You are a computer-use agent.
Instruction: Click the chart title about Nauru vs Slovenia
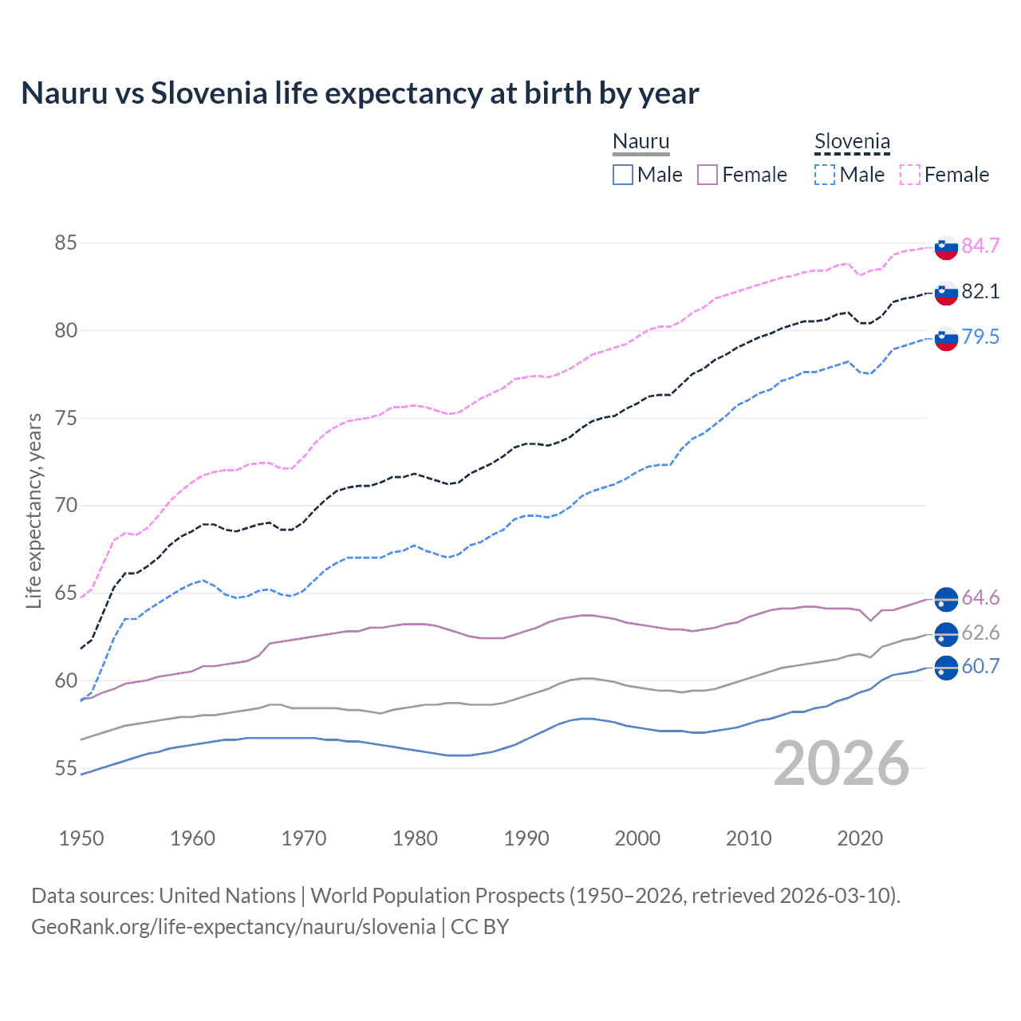click(x=360, y=93)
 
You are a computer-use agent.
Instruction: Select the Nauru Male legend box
click(x=623, y=175)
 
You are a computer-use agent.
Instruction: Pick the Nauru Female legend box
click(x=708, y=175)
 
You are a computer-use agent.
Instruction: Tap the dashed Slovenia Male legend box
click(x=825, y=175)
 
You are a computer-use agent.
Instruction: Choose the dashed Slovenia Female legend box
click(x=910, y=175)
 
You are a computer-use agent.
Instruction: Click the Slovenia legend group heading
click(x=852, y=142)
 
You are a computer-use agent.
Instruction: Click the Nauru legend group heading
click(x=641, y=142)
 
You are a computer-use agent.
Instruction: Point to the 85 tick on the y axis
click(x=66, y=242)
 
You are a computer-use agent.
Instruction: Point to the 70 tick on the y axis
click(x=66, y=505)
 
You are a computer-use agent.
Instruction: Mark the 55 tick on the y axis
click(x=66, y=768)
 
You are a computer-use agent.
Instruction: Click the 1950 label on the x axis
click(x=81, y=838)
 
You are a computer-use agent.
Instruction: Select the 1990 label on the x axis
click(x=526, y=838)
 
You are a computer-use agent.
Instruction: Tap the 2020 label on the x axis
click(x=860, y=838)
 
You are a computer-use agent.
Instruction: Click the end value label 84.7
click(x=980, y=246)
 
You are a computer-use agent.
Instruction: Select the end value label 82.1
click(x=980, y=291)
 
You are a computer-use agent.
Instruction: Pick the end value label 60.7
click(x=980, y=666)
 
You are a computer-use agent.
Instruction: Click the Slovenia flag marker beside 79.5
click(x=946, y=338)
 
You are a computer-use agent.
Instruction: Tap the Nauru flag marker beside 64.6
click(x=946, y=597)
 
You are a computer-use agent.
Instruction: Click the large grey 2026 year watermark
click(x=841, y=763)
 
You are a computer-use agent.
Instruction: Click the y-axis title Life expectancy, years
click(x=34, y=510)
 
